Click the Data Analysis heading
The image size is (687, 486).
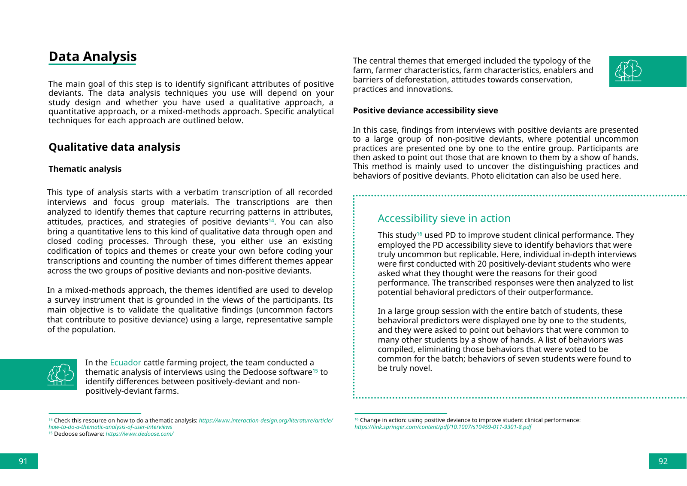click(x=93, y=57)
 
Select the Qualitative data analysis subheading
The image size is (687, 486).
click(x=114, y=147)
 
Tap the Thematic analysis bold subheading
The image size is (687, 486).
click(x=85, y=169)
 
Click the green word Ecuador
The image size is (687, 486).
click(x=125, y=363)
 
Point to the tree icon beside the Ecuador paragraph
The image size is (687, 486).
click(x=61, y=374)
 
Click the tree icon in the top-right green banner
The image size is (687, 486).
click(x=628, y=71)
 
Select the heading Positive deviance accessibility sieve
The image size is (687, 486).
click(x=425, y=111)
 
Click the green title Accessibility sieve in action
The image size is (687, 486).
click(x=444, y=219)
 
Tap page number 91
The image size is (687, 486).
click(x=23, y=461)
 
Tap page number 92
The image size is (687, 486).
click(x=663, y=461)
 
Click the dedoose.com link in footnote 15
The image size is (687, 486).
click(x=139, y=434)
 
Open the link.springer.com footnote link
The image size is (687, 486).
click(x=443, y=427)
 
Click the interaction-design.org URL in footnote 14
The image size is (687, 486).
click(x=266, y=421)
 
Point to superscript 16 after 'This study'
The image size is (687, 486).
click(x=420, y=234)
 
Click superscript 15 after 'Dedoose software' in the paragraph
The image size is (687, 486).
click(x=315, y=371)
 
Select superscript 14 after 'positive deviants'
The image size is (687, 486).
click(x=271, y=220)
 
